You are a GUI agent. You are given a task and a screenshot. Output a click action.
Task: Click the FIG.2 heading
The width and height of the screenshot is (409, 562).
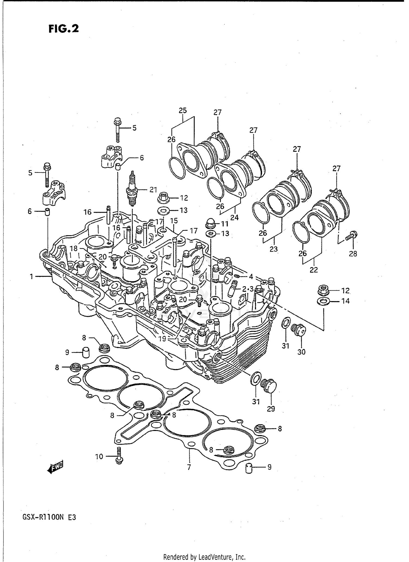(x=64, y=28)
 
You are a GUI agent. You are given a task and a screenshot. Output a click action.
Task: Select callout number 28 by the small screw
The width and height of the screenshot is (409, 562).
(x=353, y=254)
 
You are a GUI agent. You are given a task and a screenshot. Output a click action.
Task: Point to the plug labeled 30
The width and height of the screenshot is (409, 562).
(x=299, y=330)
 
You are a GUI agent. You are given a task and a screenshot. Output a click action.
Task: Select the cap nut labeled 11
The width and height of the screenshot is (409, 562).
(x=210, y=224)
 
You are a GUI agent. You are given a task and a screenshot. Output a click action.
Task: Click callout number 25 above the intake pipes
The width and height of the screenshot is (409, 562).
(x=183, y=111)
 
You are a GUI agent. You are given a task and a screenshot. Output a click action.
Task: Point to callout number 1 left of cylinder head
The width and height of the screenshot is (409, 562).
(x=32, y=277)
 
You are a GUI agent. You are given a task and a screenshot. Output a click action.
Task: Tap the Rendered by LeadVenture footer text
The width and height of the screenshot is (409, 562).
(x=204, y=557)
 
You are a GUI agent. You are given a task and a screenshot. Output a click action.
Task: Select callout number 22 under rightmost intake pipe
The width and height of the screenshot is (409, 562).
(x=314, y=270)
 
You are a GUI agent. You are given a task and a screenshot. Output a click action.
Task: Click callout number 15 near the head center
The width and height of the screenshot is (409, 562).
(x=174, y=221)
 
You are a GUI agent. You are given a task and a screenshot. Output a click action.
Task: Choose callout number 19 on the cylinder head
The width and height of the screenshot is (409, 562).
(x=162, y=339)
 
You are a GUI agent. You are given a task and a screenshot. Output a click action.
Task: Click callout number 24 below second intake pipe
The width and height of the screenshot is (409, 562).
(x=234, y=217)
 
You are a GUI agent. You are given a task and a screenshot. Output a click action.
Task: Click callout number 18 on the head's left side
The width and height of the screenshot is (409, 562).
(x=74, y=248)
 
